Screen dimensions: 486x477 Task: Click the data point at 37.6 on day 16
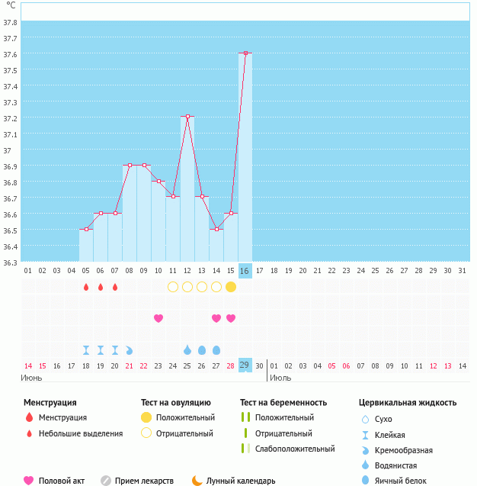click(245, 53)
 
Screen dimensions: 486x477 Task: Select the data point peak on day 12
click(187, 117)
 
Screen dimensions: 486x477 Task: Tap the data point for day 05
click(86, 229)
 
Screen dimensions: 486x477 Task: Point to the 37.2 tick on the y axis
click(11, 119)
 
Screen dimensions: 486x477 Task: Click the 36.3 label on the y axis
click(11, 262)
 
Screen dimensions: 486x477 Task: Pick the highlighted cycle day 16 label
click(245, 271)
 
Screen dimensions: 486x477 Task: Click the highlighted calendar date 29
click(245, 365)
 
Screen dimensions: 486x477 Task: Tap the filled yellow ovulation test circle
click(231, 287)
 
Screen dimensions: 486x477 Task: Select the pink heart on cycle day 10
click(158, 318)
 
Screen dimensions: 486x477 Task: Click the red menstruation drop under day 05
click(86, 287)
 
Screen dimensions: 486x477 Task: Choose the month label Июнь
click(32, 378)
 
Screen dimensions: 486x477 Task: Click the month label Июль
click(280, 378)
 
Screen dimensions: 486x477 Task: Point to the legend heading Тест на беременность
click(283, 402)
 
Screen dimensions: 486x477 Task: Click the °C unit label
click(10, 6)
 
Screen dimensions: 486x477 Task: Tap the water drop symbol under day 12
click(187, 349)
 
